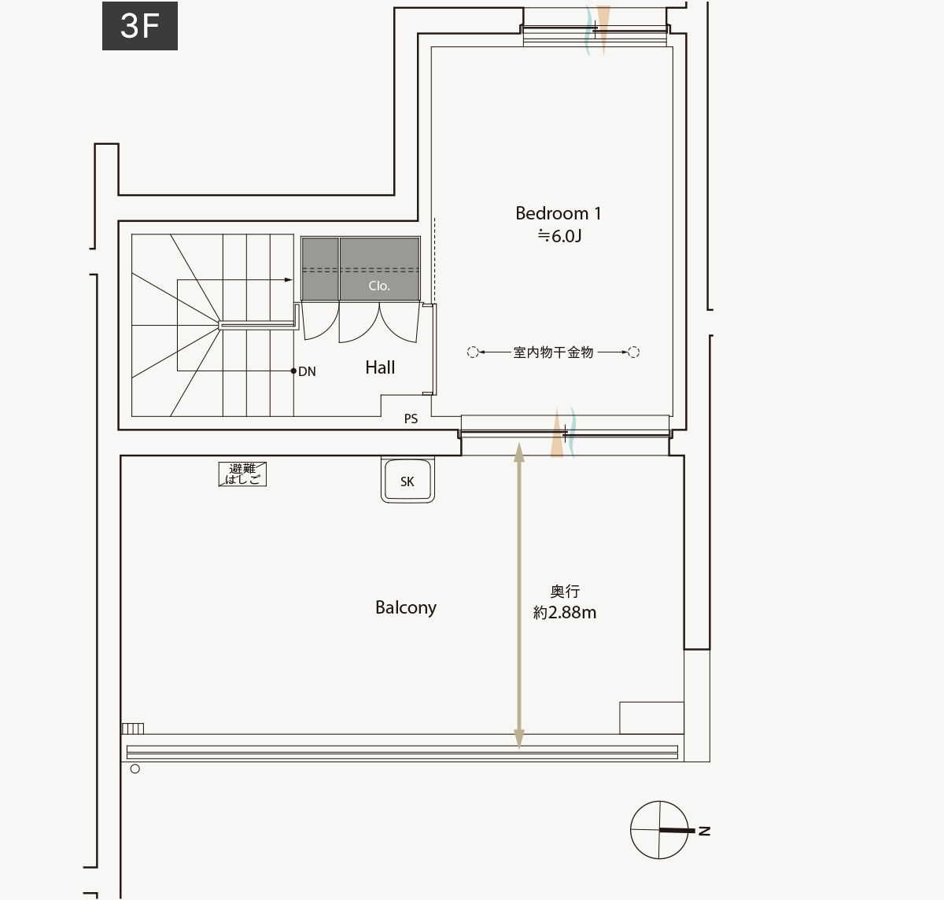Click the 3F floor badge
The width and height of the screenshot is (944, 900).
click(140, 26)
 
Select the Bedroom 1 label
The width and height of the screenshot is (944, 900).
click(558, 213)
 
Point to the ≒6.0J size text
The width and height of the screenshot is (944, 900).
click(559, 236)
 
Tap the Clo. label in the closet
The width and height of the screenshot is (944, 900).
click(379, 286)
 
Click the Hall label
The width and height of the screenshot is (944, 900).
click(380, 368)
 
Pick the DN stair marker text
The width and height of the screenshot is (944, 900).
click(307, 371)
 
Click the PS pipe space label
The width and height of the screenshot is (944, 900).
click(411, 419)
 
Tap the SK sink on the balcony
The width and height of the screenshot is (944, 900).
click(407, 480)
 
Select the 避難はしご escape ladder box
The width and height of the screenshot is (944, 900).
click(242, 474)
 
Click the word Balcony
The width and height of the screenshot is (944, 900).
click(406, 607)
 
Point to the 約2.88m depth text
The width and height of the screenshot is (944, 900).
click(565, 613)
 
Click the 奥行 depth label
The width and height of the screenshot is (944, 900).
click(565, 591)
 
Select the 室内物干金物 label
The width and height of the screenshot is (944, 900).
click(553, 352)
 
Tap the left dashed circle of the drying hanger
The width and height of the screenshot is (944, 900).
click(473, 352)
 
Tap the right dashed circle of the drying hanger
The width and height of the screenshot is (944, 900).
click(634, 352)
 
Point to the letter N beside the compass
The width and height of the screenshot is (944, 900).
click(704, 831)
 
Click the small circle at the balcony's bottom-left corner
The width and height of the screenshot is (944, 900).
click(135, 769)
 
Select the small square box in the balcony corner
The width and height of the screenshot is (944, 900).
click(651, 718)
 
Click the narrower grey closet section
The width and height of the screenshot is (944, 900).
click(320, 269)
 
